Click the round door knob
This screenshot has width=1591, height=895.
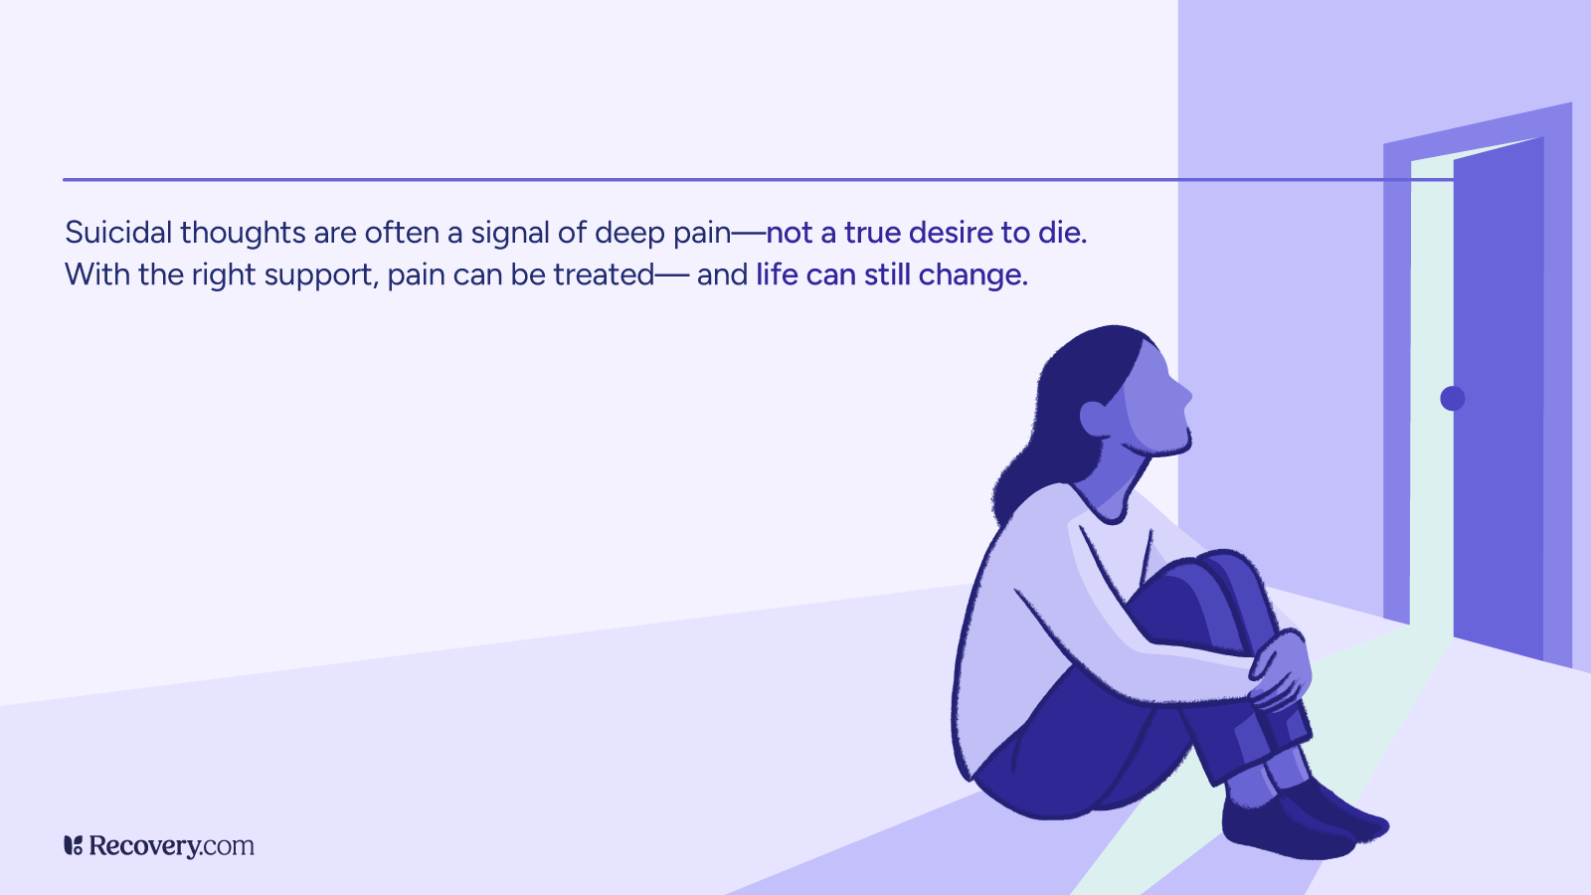click(x=1453, y=399)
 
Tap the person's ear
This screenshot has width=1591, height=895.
click(x=1094, y=419)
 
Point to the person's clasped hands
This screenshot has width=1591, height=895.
click(x=1281, y=668)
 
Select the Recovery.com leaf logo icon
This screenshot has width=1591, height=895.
click(x=73, y=845)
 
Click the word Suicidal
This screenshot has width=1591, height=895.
click(x=118, y=233)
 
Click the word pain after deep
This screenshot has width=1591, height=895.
click(x=702, y=234)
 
